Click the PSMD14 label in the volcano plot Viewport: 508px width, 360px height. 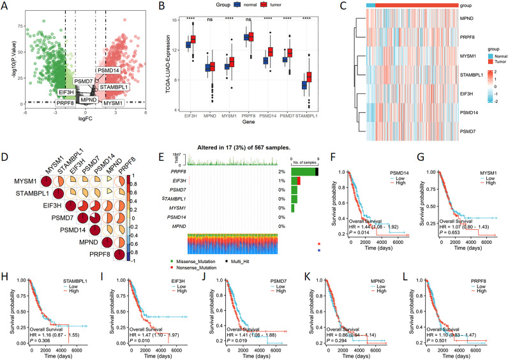point(108,70)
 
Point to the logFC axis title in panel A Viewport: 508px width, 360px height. point(78,117)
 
